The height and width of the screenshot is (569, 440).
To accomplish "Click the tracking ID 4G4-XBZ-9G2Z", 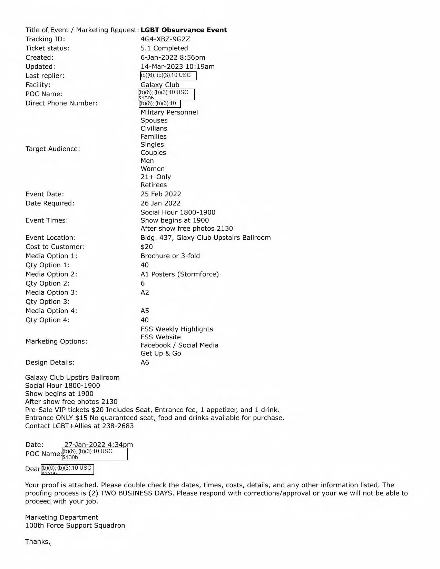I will pos(165,39).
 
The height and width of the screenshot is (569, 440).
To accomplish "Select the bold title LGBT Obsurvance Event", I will pos(184,30).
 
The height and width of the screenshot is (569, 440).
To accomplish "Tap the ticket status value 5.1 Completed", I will pos(164,48).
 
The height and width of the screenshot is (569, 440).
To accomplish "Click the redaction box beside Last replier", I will pos(168,76).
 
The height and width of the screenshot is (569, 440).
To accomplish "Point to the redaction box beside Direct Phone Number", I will pos(159,103).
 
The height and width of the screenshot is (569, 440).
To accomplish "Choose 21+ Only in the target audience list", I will pos(156,177).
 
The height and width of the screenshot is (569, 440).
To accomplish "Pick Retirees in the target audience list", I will pos(154,185).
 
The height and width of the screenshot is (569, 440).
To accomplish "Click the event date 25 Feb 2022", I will pos(160,194).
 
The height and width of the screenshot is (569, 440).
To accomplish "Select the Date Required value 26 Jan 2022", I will pos(160,203).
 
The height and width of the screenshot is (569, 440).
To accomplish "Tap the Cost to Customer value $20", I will pos(147,247).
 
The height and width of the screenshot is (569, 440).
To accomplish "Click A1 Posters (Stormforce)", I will pos(179,274).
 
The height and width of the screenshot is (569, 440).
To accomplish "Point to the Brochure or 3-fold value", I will pos(170,256).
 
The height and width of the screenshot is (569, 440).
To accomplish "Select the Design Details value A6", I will pos(145,362).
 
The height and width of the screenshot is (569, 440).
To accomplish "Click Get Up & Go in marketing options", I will pos(160,353).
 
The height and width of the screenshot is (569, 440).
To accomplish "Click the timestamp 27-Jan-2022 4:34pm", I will pos(98,445).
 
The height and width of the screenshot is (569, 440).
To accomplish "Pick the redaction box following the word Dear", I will pos(67,469).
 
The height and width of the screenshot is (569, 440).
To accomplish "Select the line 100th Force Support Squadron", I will pos(75,526).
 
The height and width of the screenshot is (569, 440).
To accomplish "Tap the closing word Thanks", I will pos(38,542).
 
